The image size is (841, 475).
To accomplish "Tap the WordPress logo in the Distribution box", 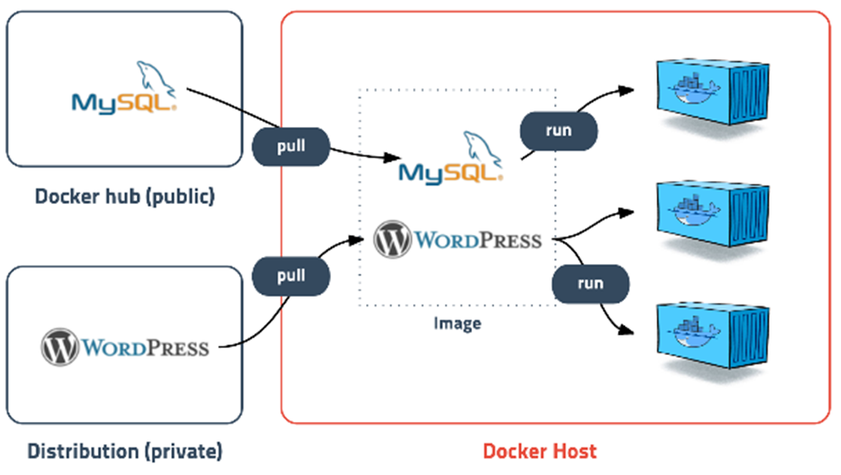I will (124, 346).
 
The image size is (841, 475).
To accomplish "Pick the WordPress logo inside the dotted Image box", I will (457, 239).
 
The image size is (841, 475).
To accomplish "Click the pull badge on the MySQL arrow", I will (291, 147).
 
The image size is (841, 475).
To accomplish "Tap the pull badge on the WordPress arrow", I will (291, 275).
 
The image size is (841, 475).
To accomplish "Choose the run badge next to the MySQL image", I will (559, 131).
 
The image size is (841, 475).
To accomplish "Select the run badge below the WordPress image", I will (590, 283).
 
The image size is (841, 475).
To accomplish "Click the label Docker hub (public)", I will (124, 196).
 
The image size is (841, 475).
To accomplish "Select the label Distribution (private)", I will (124, 452).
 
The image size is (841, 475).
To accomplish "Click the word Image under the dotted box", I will (457, 323).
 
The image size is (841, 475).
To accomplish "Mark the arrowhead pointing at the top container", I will (628, 90).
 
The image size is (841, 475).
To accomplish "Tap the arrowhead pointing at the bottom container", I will (628, 332).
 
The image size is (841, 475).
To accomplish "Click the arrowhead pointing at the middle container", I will (628, 212).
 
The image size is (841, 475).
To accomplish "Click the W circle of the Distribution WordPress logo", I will (58, 346).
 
